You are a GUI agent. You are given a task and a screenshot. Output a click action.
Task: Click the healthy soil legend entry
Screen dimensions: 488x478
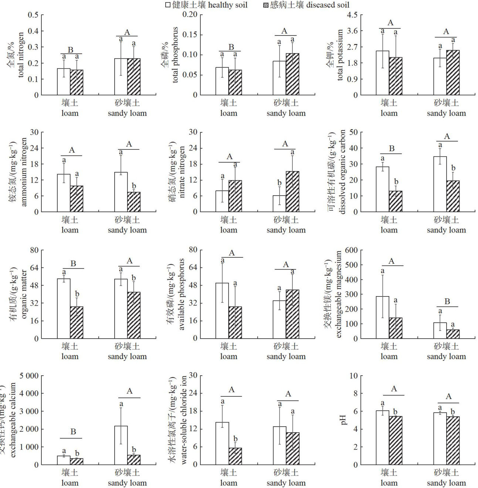pos(206,5)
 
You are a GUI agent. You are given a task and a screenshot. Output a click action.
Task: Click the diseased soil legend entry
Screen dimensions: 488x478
pos(305,5)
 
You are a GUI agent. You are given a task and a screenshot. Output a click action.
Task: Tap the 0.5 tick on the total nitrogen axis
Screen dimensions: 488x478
pos(34,15)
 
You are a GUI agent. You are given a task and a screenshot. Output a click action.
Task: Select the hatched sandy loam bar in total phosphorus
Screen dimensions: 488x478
pos(292,74)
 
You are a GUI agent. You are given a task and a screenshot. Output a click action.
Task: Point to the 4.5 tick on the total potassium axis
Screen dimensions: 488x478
pos(353,15)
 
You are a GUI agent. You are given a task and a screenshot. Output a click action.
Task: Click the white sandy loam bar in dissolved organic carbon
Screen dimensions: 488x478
pos(440,184)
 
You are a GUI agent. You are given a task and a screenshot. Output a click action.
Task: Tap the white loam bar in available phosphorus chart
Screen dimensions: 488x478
pos(222,311)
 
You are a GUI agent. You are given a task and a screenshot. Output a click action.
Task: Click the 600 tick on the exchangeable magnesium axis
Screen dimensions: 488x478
pos(351,250)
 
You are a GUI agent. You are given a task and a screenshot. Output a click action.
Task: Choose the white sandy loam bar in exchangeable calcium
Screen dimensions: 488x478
pos(121,445)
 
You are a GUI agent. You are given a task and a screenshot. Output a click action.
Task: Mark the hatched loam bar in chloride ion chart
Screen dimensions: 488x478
pos(235,456)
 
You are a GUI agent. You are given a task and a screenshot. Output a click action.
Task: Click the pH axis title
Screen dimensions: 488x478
pos(344,420)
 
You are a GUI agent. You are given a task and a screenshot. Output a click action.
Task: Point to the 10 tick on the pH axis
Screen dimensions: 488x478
pos(353,376)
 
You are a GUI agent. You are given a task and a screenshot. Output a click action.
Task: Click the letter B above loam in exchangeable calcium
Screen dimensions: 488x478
pos(73,432)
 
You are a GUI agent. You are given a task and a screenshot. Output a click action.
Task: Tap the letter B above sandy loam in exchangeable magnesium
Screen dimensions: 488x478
pos(447,302)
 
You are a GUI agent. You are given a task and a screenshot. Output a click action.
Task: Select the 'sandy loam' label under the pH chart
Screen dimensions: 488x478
pos(446,483)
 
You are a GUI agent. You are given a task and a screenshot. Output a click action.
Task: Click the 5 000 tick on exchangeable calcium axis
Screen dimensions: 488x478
pos(28,376)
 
